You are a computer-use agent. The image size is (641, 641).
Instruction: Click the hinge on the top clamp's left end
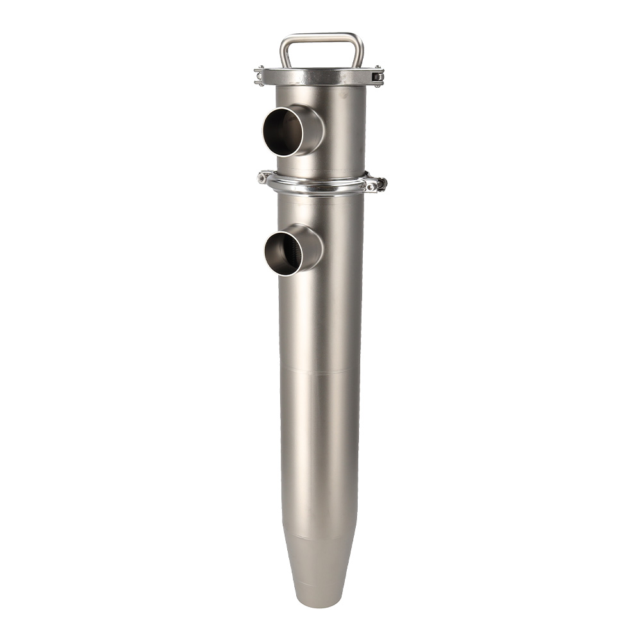(x=259, y=76)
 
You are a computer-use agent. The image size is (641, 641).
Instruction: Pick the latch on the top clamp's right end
(x=378, y=76)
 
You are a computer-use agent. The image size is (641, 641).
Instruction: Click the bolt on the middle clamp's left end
(x=263, y=178)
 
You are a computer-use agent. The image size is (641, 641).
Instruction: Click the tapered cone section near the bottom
(x=319, y=564)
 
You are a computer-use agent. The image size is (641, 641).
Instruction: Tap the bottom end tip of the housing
(x=319, y=604)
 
